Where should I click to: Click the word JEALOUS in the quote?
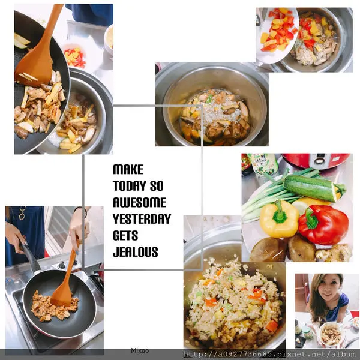(x=136, y=252)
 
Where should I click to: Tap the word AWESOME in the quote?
(x=139, y=202)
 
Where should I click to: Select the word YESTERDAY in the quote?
(x=142, y=219)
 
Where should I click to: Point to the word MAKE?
(x=128, y=169)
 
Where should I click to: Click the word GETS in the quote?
(x=125, y=235)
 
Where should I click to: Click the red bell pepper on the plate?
(x=323, y=224)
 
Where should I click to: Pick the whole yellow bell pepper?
(x=279, y=219)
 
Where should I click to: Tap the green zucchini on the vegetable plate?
(x=314, y=188)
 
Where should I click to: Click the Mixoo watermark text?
(x=140, y=350)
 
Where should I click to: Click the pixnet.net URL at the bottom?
(x=270, y=354)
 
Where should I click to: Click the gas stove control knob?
(x=62, y=265)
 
